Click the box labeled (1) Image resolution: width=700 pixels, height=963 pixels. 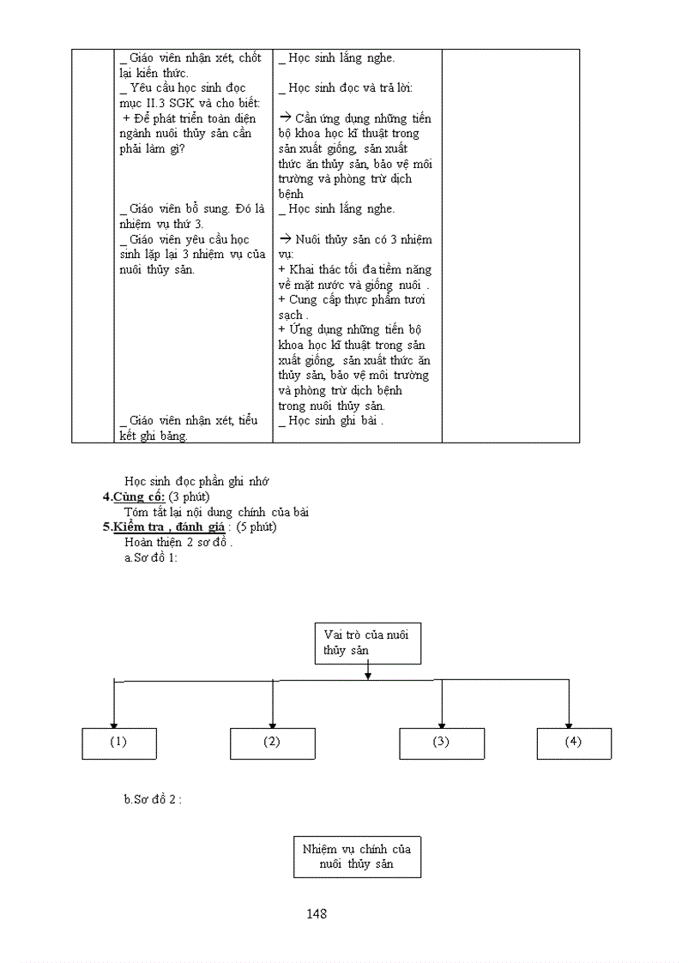119,743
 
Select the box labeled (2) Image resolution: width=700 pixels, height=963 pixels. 272,743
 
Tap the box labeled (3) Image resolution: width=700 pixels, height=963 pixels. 441,743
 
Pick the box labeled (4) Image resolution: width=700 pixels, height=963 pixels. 573,743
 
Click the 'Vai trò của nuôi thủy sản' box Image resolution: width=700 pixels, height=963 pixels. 368,643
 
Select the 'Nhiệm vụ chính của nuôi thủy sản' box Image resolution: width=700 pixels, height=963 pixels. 357,857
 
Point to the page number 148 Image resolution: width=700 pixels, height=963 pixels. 317,914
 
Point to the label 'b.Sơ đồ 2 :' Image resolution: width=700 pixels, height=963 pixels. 154,799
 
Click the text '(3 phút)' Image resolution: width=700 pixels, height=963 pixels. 190,497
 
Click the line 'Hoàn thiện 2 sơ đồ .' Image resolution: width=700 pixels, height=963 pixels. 178,543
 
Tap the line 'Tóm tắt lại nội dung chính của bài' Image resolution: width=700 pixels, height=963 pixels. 216,513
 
